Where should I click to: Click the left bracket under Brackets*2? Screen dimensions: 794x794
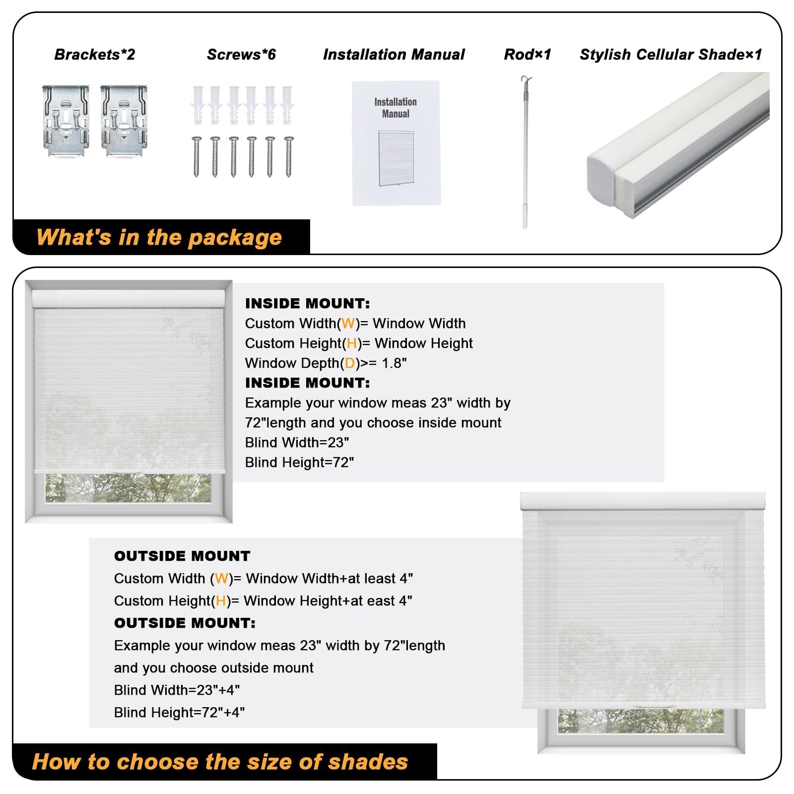(66, 121)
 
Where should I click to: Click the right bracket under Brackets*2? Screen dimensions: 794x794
(124, 121)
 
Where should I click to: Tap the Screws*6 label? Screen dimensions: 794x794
(241, 55)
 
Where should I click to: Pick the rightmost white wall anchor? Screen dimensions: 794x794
(287, 105)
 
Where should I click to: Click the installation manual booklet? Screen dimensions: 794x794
(396, 143)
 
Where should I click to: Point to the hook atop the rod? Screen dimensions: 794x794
(526, 81)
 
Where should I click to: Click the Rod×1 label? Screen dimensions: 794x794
(528, 55)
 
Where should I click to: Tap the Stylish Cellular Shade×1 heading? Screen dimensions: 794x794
(670, 55)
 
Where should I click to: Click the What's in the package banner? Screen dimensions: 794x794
(159, 237)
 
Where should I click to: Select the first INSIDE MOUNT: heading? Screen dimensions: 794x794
(307, 303)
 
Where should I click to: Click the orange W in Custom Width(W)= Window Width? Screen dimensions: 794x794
(348, 324)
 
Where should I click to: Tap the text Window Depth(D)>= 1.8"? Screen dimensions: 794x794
(326, 363)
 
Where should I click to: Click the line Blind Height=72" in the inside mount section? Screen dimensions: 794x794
(299, 463)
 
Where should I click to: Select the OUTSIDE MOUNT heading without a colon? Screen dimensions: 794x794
(182, 556)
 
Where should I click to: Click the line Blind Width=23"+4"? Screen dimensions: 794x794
(177, 690)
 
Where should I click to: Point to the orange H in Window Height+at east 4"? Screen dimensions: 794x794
(221, 601)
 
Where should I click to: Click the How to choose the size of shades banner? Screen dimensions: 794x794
(220, 762)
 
